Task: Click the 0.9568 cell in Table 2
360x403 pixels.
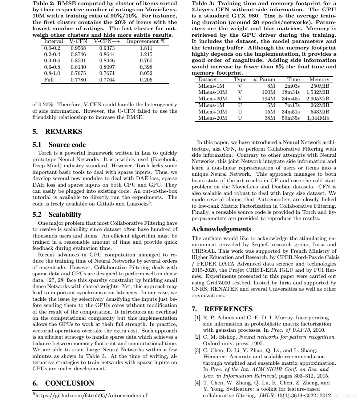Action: (78, 48)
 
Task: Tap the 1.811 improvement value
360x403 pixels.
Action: (146, 48)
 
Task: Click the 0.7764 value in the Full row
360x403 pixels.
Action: (107, 80)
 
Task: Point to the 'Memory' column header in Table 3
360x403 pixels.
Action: (319, 79)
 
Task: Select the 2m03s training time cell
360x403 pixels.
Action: (292, 86)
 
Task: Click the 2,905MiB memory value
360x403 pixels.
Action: (317, 99)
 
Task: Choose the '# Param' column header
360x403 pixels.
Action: (264, 79)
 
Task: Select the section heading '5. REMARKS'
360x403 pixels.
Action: (57, 132)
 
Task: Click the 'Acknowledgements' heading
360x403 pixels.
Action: (221, 229)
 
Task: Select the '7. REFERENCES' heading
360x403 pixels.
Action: (222, 309)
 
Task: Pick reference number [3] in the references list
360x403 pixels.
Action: (197, 351)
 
